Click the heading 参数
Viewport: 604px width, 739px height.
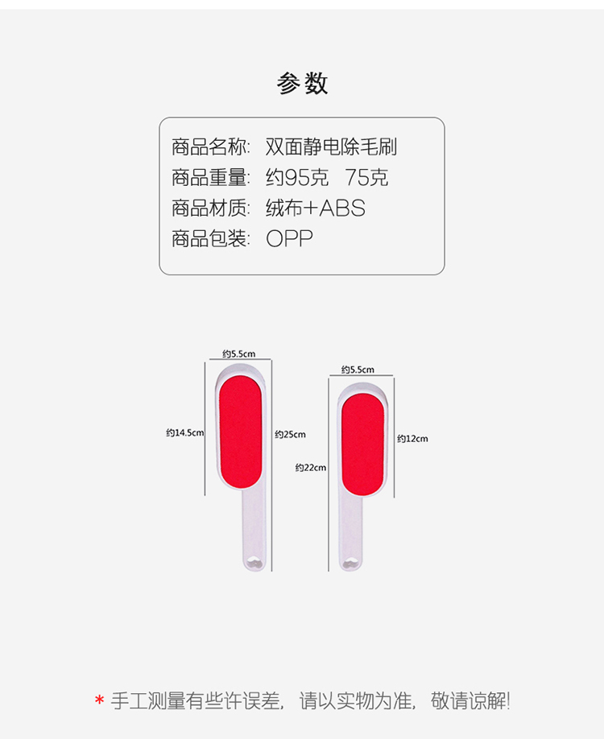point(302,84)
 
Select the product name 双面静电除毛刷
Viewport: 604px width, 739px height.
point(331,147)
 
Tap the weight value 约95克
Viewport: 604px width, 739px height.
point(298,178)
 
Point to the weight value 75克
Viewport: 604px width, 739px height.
point(366,178)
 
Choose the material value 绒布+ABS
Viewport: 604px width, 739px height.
point(315,208)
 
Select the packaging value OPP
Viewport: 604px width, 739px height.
point(289,239)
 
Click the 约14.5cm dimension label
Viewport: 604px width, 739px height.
point(185,433)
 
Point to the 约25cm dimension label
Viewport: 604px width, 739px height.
point(290,435)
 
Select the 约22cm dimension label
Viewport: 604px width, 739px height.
point(311,468)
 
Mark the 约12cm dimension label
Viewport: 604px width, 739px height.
point(412,439)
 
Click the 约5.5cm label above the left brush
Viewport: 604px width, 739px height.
point(238,353)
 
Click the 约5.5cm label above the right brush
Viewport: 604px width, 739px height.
point(358,369)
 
